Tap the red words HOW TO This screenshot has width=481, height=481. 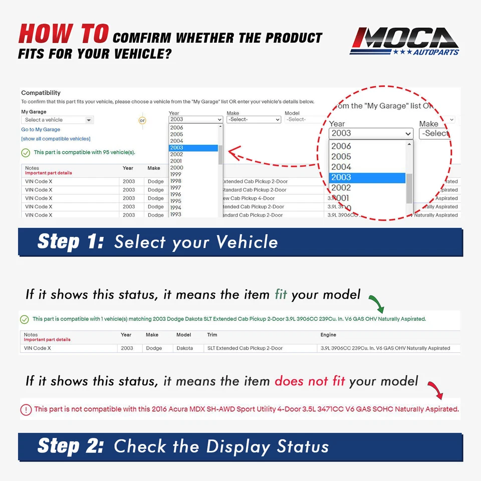[63, 34]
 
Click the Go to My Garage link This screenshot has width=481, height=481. [41, 130]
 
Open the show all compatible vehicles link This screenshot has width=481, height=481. [56, 139]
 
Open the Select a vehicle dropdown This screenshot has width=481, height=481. [57, 120]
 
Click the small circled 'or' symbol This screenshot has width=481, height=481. [142, 121]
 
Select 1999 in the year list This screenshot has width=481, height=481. [175, 174]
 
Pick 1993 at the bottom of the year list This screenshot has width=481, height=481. [175, 214]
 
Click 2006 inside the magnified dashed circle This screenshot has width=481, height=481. [341, 146]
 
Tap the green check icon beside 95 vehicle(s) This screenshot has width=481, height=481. [26, 152]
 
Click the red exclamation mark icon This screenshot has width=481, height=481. [26, 410]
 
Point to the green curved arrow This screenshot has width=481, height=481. [376, 303]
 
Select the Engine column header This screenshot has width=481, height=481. [328, 335]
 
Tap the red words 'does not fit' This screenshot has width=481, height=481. [310, 381]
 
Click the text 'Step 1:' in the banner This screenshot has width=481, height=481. [71, 242]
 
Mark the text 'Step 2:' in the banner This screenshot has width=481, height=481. [71, 446]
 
